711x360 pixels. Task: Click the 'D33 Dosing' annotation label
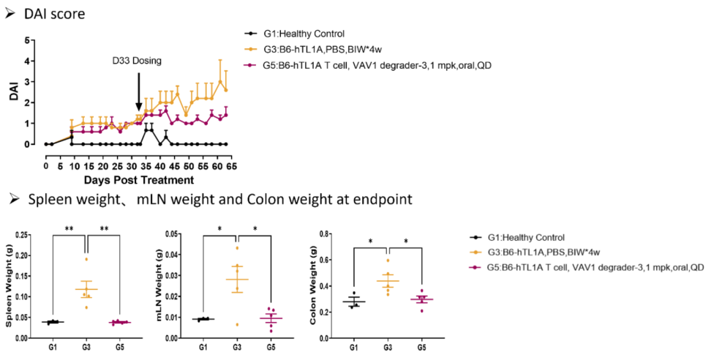(137, 61)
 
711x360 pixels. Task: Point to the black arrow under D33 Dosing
(138, 94)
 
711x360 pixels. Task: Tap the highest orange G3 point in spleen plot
(86, 259)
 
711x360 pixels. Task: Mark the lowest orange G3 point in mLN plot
(236, 323)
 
